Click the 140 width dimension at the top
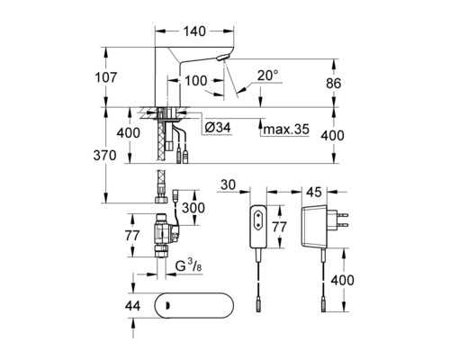194,31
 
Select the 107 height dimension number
105,77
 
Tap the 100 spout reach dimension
195,81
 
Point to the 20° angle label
268,76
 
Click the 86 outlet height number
334,84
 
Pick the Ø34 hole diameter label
218,128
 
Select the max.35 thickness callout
286,130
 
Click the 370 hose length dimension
104,156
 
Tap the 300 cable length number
193,208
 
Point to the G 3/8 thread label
188,265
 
